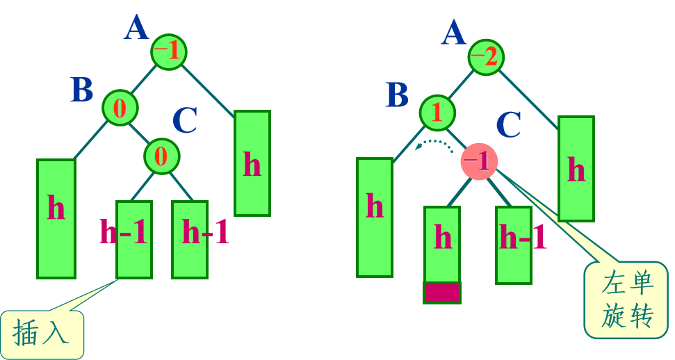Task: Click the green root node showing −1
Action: (169, 52)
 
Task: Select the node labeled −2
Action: (486, 56)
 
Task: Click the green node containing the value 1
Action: (437, 113)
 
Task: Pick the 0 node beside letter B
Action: (120, 108)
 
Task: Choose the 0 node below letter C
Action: (161, 156)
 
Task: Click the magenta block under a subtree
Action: (441, 293)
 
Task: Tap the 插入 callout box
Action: (42, 334)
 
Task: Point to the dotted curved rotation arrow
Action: (434, 143)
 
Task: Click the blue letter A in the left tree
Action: (136, 28)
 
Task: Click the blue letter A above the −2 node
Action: (453, 32)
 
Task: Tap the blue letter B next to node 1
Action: (397, 95)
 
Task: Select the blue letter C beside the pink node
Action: (509, 125)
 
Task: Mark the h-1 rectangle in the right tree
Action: (514, 245)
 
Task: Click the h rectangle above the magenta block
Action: (442, 244)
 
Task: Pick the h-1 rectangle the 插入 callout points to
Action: (133, 239)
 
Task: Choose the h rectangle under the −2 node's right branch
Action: (576, 168)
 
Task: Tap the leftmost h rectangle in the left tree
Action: (56, 218)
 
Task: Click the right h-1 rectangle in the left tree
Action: (190, 239)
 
